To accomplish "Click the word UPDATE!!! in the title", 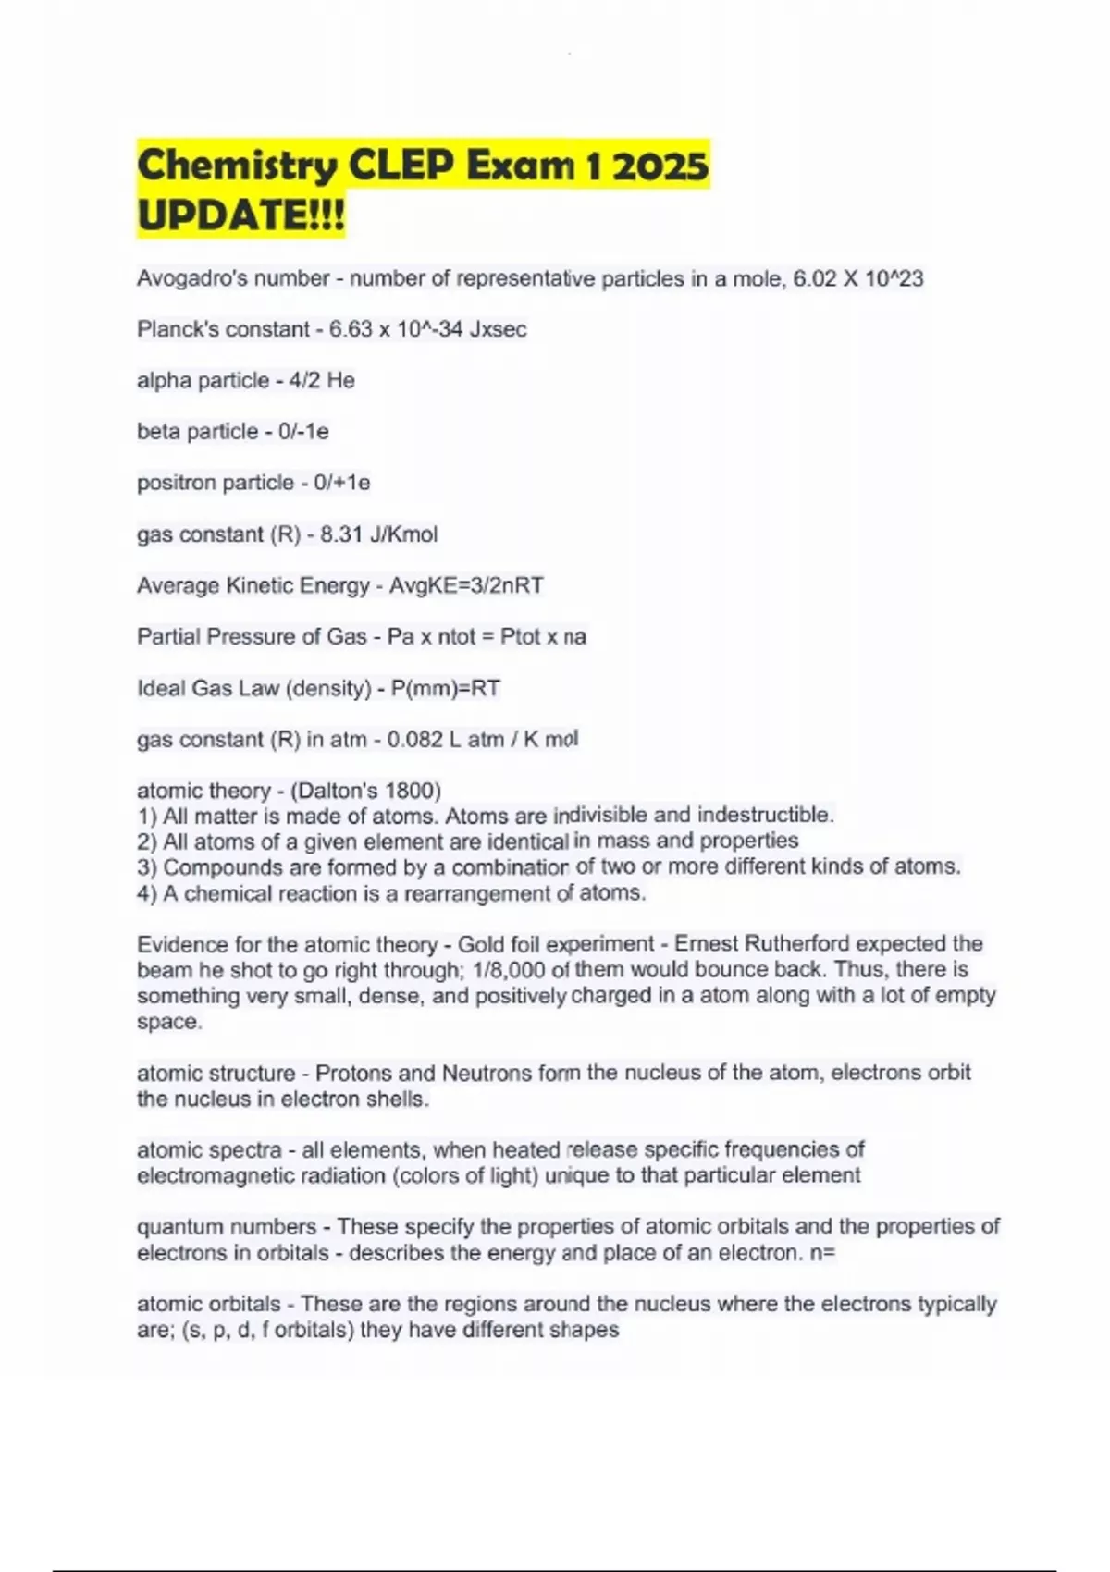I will point(240,216).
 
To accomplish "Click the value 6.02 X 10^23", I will point(858,278).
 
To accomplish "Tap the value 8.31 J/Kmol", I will point(378,534).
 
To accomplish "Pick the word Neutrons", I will point(487,1073).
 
